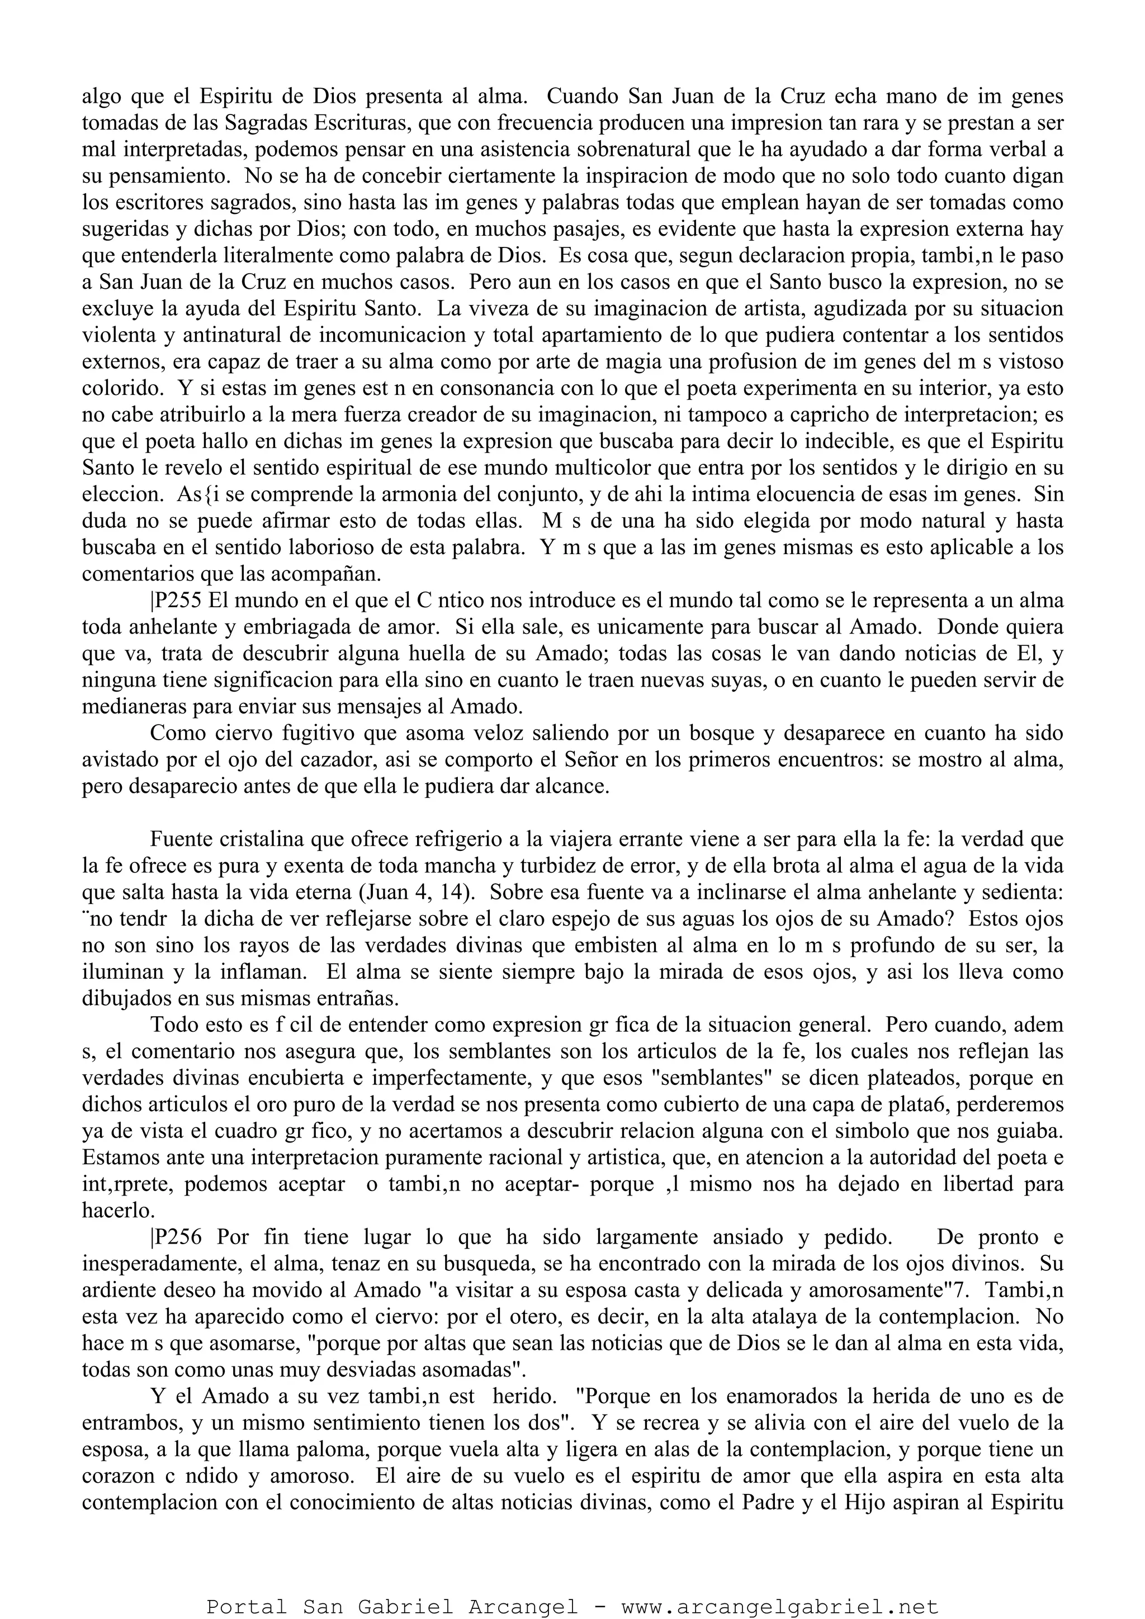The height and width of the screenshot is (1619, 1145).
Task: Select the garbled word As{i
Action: tap(187, 494)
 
